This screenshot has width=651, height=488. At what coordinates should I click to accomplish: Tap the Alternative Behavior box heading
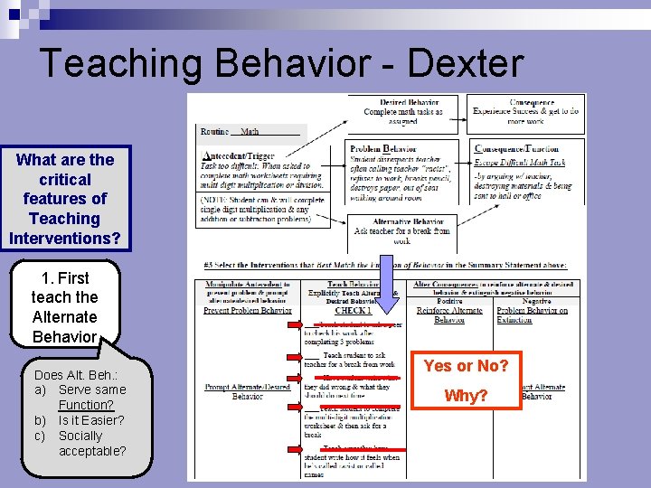coord(409,221)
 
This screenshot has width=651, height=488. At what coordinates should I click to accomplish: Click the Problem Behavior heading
coord(383,148)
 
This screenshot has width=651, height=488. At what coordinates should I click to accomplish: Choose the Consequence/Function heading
coord(517,148)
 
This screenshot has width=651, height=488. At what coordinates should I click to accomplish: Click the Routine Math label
coord(231,132)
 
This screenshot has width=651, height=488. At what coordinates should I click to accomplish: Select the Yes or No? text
coord(466,366)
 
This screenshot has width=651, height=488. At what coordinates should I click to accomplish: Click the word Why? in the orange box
coord(466,396)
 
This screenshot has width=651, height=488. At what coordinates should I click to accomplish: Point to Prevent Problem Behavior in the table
coord(247,311)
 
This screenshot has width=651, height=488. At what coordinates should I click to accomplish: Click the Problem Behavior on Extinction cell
coord(533,315)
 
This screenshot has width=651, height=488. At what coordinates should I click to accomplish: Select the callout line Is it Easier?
coord(91,419)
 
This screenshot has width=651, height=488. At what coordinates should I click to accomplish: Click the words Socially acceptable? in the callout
coord(91,443)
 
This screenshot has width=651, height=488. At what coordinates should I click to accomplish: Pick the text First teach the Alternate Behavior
coord(64,307)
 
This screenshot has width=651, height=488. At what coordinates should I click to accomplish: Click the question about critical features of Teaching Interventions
coord(65,199)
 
